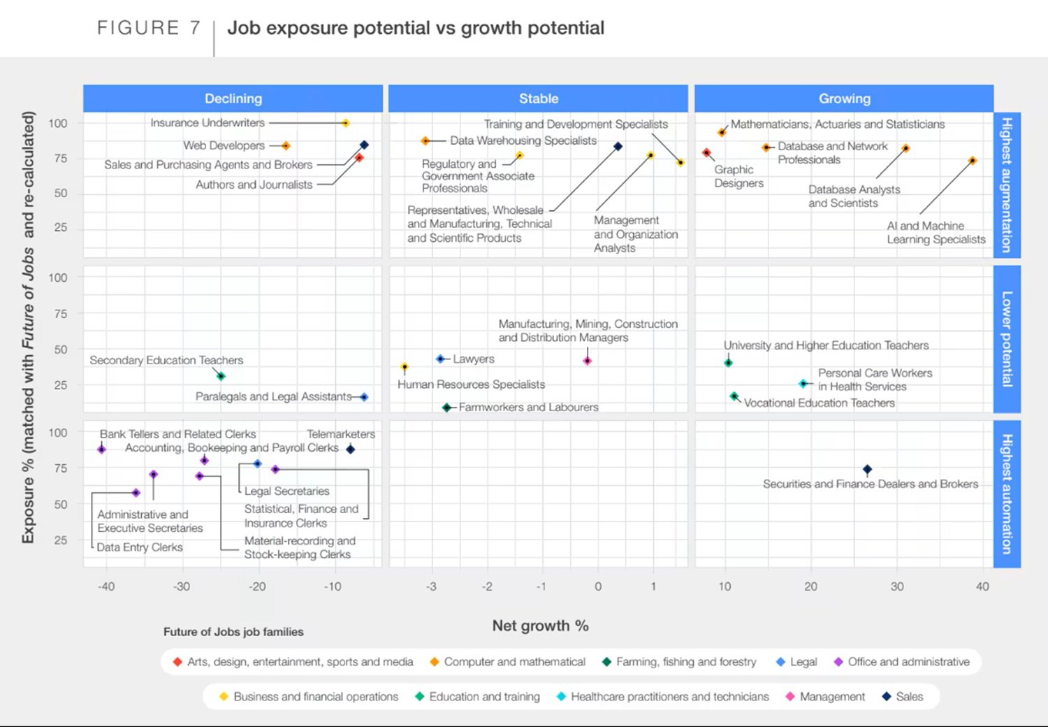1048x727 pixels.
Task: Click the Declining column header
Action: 233,99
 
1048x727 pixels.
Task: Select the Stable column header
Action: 538,99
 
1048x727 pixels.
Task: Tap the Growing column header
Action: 844,99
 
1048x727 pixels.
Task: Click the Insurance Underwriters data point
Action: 345,123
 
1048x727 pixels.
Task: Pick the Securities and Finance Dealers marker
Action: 867,470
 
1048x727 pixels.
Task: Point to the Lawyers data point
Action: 440,359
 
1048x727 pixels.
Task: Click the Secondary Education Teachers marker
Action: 221,376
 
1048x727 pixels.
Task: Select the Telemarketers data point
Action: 351,449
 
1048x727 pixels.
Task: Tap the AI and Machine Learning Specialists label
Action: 936,233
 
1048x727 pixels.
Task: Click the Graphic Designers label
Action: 738,176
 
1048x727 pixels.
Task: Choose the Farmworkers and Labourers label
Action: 528,407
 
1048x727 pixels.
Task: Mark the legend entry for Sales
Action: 903,696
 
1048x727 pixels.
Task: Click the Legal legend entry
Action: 796,661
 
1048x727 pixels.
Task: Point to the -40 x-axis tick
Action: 106,586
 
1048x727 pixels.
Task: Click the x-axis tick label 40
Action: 982,586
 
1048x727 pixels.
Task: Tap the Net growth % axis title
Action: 540,626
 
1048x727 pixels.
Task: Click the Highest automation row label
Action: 1007,494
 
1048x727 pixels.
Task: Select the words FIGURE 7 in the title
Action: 149,28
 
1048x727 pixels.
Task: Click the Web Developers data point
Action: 285,145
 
